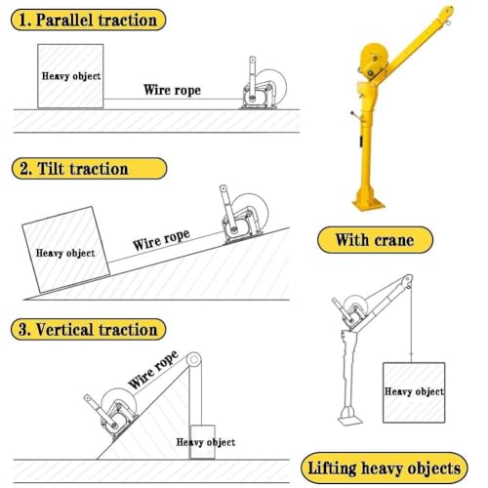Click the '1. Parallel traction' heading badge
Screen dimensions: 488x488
88,20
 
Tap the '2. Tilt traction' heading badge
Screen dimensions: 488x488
89,169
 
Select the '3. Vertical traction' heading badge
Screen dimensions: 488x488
88,329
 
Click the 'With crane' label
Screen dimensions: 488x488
375,240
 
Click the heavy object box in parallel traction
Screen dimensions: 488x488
70,76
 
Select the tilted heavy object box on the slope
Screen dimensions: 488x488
65,250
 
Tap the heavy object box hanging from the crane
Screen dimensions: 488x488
414,392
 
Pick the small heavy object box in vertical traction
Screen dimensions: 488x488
202,442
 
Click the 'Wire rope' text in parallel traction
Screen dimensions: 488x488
172,90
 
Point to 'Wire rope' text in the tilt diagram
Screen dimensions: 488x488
161,240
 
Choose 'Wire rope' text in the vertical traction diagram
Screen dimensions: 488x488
153,370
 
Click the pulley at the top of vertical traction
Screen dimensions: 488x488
194,360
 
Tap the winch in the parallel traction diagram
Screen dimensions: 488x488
264,86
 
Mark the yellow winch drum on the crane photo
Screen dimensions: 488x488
374,61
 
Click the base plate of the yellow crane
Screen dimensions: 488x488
369,205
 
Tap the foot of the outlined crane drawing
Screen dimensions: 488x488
350,417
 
